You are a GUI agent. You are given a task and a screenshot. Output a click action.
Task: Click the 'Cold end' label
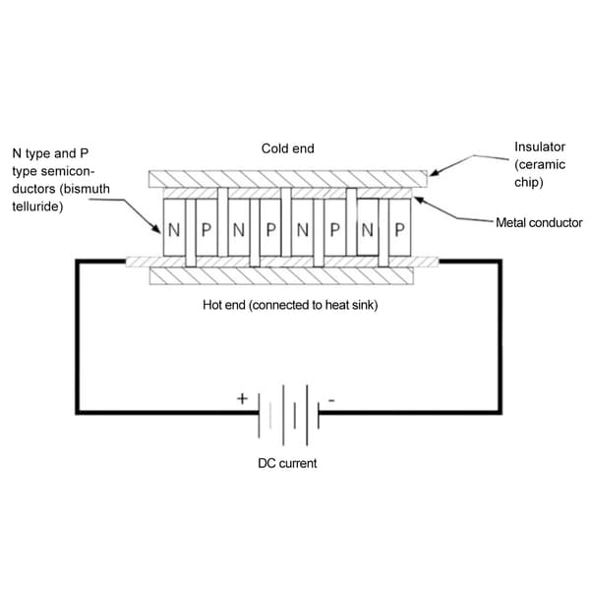[288, 148]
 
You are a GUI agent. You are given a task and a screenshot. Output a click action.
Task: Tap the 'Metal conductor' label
[539, 223]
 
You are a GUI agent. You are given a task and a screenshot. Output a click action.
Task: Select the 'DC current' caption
[287, 463]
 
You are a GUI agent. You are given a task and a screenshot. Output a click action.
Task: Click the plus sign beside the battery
[242, 398]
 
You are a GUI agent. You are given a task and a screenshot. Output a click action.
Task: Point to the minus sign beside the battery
[331, 400]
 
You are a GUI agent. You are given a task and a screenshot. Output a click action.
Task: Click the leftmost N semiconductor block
[174, 228]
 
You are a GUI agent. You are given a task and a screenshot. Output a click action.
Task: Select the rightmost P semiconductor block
[399, 228]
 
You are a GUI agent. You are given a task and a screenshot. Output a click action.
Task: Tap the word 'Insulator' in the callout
[540, 147]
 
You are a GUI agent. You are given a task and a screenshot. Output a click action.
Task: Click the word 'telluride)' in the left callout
[37, 206]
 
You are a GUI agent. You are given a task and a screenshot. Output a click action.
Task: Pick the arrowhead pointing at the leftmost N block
[156, 228]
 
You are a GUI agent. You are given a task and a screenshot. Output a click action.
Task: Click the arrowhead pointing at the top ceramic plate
[435, 173]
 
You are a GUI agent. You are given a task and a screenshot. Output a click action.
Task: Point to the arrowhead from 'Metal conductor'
[420, 201]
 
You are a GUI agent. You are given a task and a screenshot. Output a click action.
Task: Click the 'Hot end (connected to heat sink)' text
[290, 305]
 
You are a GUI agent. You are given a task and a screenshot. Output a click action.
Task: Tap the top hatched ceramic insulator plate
[288, 179]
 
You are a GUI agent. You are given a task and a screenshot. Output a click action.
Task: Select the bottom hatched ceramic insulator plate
[281, 275]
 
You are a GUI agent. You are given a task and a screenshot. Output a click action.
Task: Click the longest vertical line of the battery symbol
[283, 415]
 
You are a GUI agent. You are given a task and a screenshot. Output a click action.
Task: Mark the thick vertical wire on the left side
[78, 336]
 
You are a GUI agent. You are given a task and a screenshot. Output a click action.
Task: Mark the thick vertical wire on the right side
[501, 336]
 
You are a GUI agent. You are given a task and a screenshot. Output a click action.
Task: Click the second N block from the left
[239, 228]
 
